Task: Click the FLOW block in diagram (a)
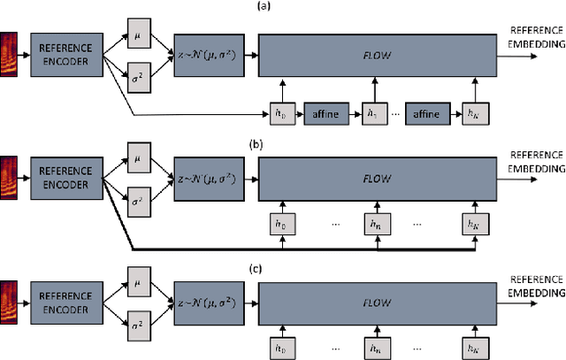tap(374, 56)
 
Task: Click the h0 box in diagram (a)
tap(281, 114)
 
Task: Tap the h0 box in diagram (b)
tap(281, 226)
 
